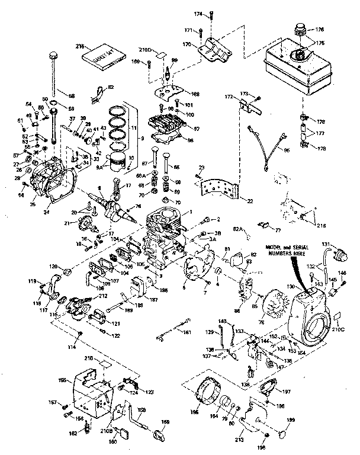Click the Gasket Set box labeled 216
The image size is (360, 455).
click(x=105, y=56)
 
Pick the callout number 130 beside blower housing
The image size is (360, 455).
click(x=290, y=287)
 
